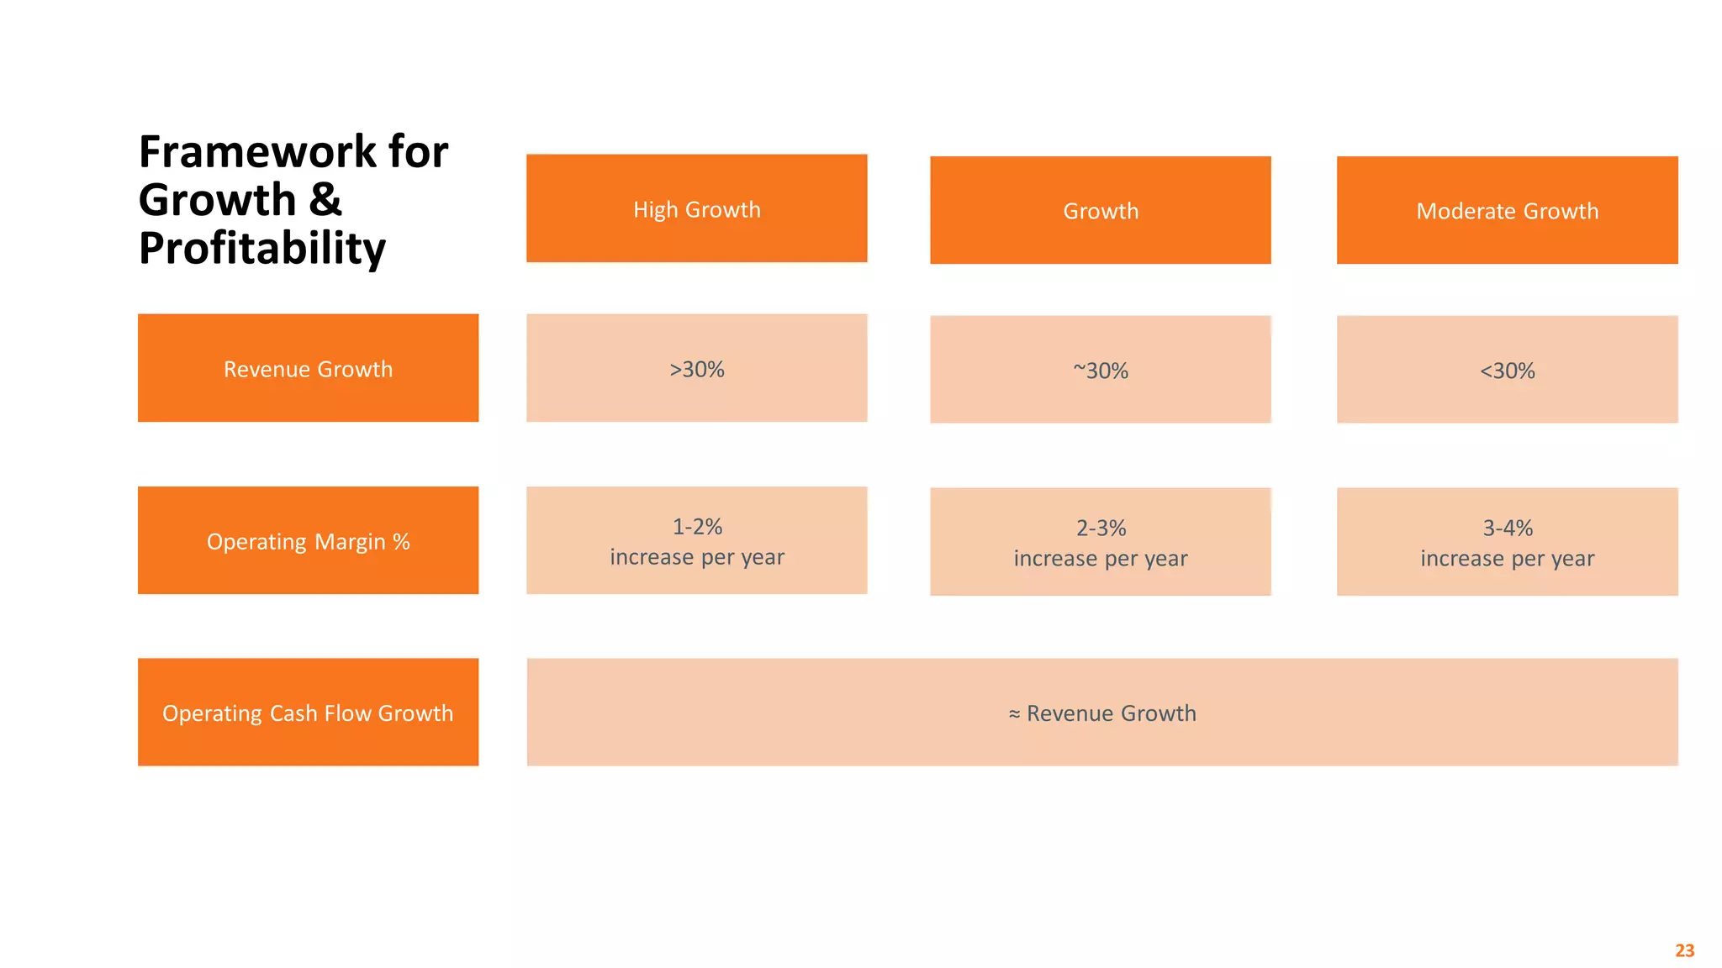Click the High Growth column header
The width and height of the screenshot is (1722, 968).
point(696,208)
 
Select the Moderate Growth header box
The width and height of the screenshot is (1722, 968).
point(1507,210)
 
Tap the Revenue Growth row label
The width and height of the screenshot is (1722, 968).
point(308,368)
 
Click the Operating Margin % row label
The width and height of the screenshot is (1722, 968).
point(308,540)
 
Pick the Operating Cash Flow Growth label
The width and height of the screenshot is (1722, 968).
point(308,712)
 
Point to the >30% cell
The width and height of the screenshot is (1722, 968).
point(696,369)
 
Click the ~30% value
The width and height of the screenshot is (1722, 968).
point(1100,371)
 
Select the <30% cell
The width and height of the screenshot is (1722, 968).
point(1507,371)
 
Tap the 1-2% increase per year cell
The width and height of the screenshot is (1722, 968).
point(696,540)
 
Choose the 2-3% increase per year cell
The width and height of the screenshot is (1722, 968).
point(1100,542)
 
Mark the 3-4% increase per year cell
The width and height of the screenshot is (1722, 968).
point(1507,542)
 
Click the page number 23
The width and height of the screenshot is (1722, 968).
point(1684,950)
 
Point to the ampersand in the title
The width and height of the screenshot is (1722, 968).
point(325,200)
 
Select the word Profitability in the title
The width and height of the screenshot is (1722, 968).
point(261,248)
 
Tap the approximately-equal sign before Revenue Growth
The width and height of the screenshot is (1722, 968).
point(1014,714)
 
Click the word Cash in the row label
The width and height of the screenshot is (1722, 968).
point(294,713)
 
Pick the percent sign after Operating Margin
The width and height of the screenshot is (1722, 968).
point(401,542)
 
